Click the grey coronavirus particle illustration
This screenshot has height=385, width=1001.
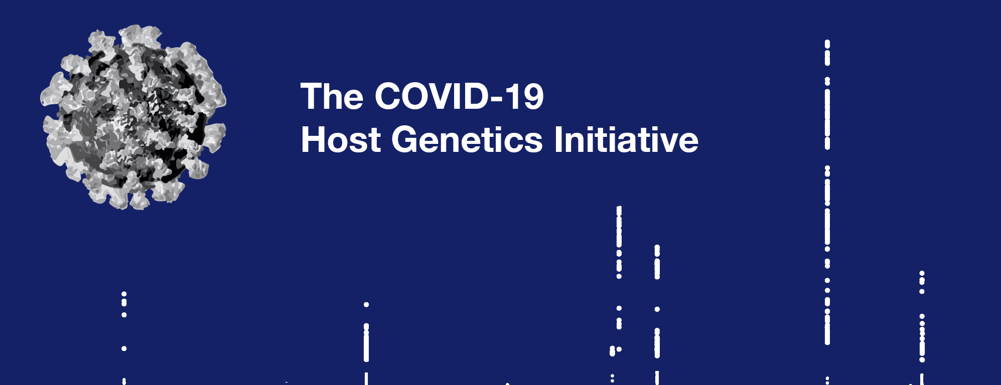click(x=133, y=117)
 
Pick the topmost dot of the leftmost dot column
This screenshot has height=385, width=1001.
click(x=124, y=294)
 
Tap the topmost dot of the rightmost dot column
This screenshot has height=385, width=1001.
click(x=922, y=274)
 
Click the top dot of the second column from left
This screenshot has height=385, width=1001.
click(x=366, y=305)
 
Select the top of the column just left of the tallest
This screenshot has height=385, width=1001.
click(x=657, y=247)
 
